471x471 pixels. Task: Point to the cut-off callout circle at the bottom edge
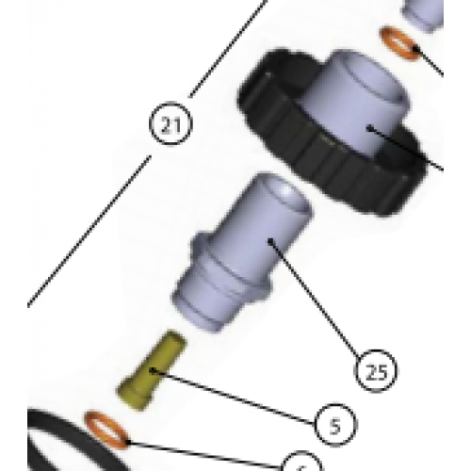point(300,464)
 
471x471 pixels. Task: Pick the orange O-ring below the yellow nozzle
point(106,428)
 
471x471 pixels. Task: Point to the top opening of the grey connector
point(281,192)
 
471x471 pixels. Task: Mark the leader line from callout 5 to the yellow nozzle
point(235,397)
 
